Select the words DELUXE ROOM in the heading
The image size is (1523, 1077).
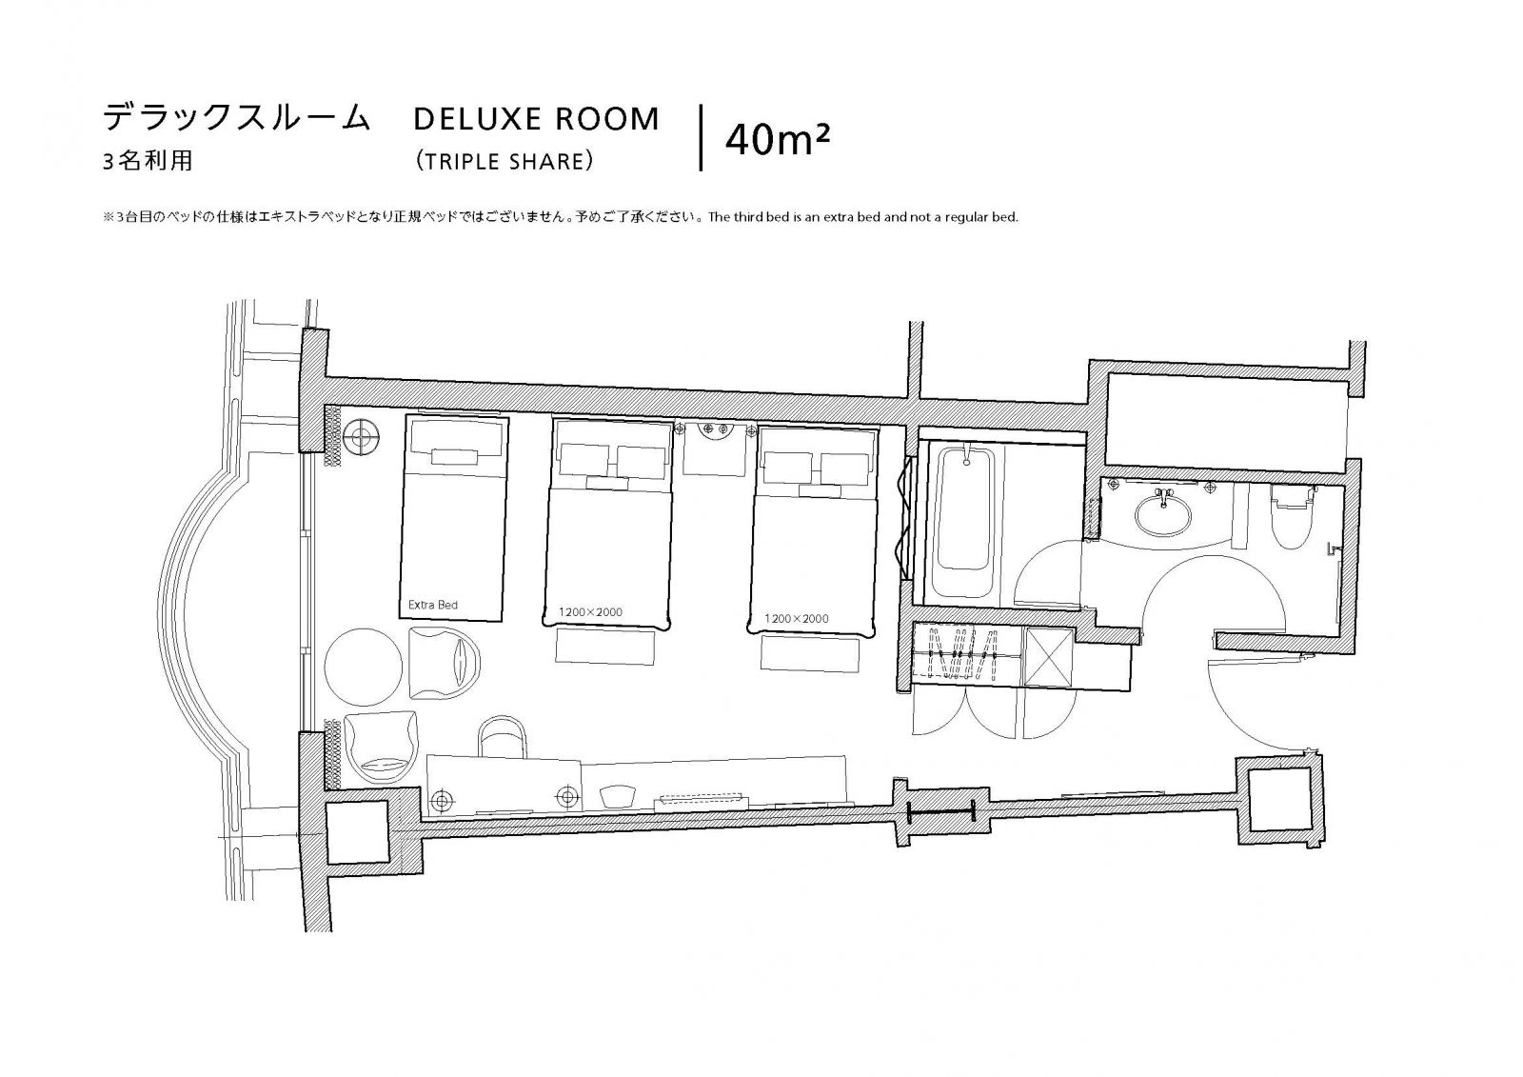point(537,119)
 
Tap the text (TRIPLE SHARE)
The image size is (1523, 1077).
point(505,161)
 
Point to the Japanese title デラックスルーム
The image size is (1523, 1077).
point(236,117)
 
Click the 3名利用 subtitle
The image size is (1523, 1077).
point(148,161)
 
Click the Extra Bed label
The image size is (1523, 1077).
point(432,604)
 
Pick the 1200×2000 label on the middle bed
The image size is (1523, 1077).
point(590,611)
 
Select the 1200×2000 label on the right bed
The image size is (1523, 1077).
point(796,618)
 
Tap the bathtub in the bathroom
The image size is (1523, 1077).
point(964,525)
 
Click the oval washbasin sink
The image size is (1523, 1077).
point(1163,513)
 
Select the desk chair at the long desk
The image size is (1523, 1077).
point(504,737)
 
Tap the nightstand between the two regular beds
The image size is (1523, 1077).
point(715,449)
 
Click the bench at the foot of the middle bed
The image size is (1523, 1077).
point(605,647)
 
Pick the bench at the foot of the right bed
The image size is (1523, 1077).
point(810,654)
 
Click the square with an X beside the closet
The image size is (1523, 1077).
point(1048,656)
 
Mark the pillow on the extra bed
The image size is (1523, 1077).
point(457,439)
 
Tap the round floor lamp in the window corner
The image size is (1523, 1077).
point(361,435)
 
